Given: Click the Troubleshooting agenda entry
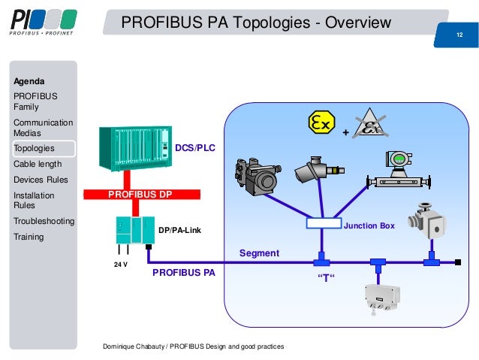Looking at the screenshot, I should pyautogui.click(x=44, y=221).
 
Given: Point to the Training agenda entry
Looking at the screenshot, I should pyautogui.click(x=29, y=237).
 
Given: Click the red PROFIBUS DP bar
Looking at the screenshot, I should pyautogui.click(x=150, y=194).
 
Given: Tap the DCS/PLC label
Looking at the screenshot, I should pyautogui.click(x=194, y=148).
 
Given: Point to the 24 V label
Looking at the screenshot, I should pyautogui.click(x=120, y=265).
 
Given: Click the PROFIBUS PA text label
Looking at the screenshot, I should pyautogui.click(x=183, y=273).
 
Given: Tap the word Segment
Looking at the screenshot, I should pyautogui.click(x=259, y=253).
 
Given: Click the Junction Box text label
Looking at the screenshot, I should pyautogui.click(x=369, y=225).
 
